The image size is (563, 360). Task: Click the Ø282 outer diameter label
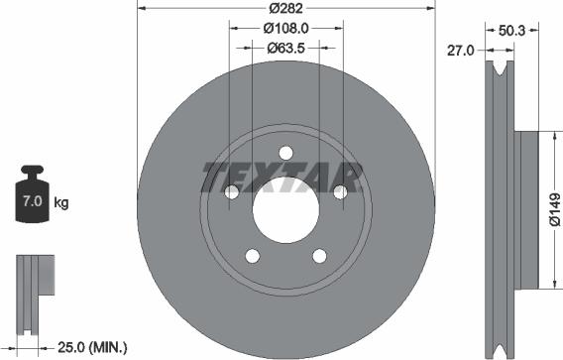(286, 10)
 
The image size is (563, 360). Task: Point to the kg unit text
(60, 204)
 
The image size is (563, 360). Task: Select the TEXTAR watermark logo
(281, 179)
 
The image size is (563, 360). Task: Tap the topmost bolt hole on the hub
(286, 153)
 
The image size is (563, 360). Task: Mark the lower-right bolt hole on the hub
(319, 256)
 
